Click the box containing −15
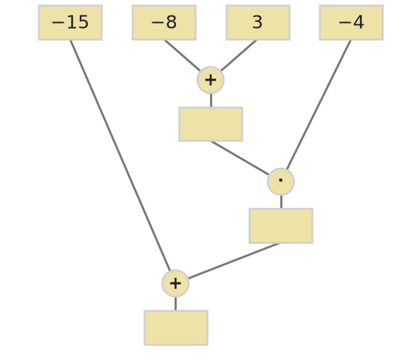(x=70, y=22)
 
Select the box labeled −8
(x=164, y=22)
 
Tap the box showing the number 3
(x=258, y=22)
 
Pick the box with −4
(x=351, y=22)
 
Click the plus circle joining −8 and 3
(x=211, y=80)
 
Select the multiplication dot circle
(x=281, y=182)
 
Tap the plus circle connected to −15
(x=175, y=283)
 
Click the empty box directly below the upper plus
(x=211, y=124)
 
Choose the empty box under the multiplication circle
(x=281, y=225)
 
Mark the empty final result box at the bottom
(x=176, y=327)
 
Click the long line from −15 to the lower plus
(x=121, y=155)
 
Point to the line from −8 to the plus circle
(x=182, y=55)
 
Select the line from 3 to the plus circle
(x=239, y=55)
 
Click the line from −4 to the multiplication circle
(x=319, y=105)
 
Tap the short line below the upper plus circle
(x=211, y=101)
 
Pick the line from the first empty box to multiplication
(x=240, y=158)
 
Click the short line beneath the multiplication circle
(x=281, y=202)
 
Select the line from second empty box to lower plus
(x=234, y=261)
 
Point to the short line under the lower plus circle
(x=175, y=304)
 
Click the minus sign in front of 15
(x=58, y=23)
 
